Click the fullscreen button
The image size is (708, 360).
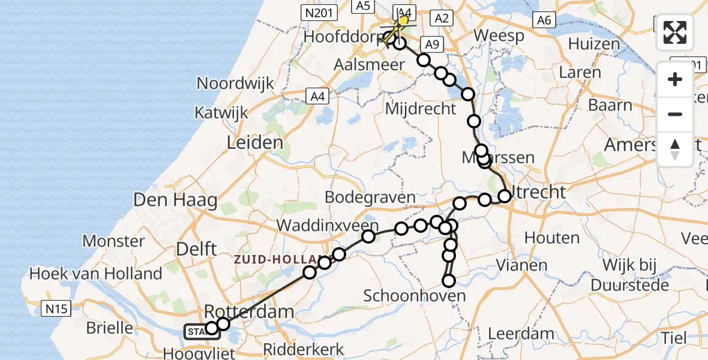coord(675,32)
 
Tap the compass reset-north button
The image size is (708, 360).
coord(675,149)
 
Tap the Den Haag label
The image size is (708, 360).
coord(175,200)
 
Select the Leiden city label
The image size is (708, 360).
coord(255,143)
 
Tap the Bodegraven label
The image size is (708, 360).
coord(370,197)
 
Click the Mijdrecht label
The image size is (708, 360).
coord(420,109)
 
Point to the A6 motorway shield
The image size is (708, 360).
coord(544,20)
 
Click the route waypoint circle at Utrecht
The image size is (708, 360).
coord(504,196)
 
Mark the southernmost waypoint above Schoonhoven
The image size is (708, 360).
coord(448,280)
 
